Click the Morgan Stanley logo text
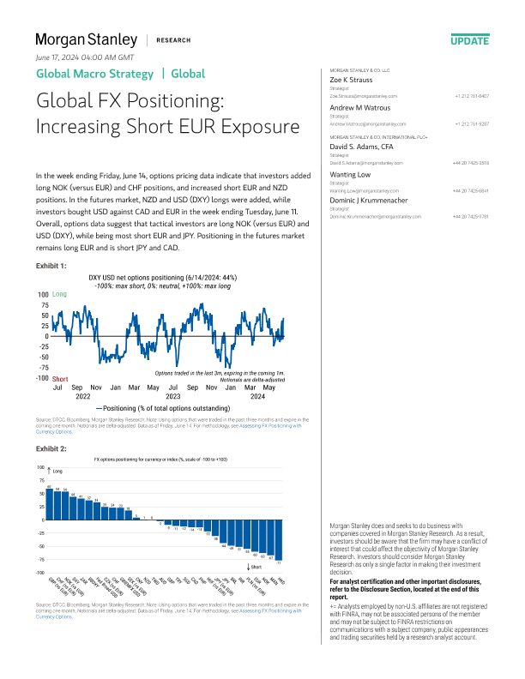[86, 39]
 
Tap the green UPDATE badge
[469, 40]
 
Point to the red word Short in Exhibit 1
[60, 378]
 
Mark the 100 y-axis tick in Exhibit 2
[40, 467]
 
